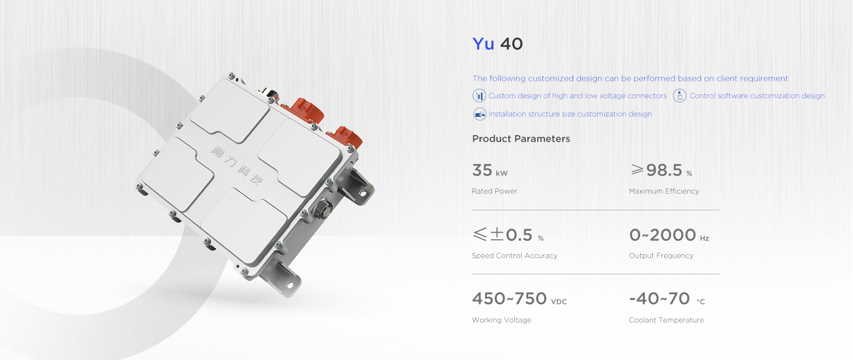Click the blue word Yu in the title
(x=483, y=44)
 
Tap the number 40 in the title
(x=512, y=44)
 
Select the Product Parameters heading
(x=521, y=139)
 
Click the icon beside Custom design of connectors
(x=479, y=96)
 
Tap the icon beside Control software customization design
(x=680, y=96)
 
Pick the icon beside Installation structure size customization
(x=480, y=114)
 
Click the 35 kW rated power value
(x=490, y=170)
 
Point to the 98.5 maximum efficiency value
(x=662, y=170)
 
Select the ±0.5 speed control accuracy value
(x=508, y=235)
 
